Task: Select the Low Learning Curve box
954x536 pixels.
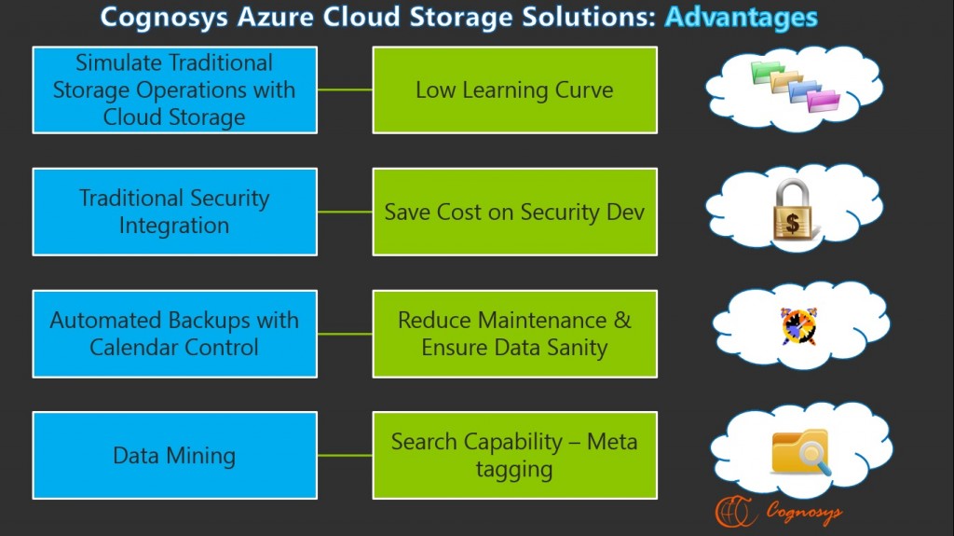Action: (514, 90)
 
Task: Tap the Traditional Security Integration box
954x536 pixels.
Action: (174, 212)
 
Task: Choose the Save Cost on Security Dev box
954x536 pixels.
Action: (514, 212)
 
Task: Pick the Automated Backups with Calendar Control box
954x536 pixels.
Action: (174, 334)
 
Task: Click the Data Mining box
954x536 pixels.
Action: (174, 456)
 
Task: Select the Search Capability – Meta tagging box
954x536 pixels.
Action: (514, 456)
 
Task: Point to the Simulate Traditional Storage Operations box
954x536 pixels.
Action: (174, 90)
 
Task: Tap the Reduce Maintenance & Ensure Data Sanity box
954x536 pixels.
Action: (514, 334)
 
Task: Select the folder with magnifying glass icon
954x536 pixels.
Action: (799, 451)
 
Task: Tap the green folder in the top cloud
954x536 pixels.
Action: (767, 72)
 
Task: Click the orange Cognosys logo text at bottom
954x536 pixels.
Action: (804, 511)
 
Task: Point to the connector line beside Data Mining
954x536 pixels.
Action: (345, 456)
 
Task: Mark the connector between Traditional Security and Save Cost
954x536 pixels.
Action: (345, 212)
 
